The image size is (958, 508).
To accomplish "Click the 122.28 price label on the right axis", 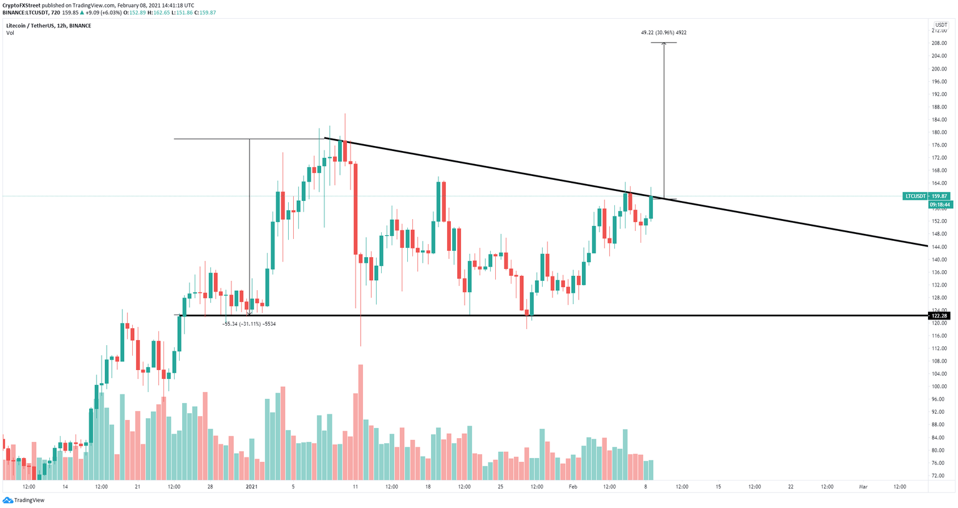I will (939, 316).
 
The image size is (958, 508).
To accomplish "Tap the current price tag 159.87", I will (939, 196).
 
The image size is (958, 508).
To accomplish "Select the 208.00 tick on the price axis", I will (939, 43).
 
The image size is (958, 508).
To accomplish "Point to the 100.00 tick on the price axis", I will (939, 387).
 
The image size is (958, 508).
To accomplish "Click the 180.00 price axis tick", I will (939, 132).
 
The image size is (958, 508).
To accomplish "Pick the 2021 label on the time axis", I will (251, 486).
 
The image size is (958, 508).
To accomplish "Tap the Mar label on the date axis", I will (863, 486).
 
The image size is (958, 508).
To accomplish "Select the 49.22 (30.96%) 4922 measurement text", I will (664, 32).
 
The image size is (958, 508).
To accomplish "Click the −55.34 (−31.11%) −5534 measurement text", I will (249, 324).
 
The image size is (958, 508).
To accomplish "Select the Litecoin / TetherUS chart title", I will (49, 26).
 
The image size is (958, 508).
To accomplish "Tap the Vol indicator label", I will (10, 33).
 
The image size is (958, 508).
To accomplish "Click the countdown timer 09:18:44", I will (939, 205).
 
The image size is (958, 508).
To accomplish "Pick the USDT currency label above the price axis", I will (941, 25).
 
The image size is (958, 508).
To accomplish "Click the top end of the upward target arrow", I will (664, 43).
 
